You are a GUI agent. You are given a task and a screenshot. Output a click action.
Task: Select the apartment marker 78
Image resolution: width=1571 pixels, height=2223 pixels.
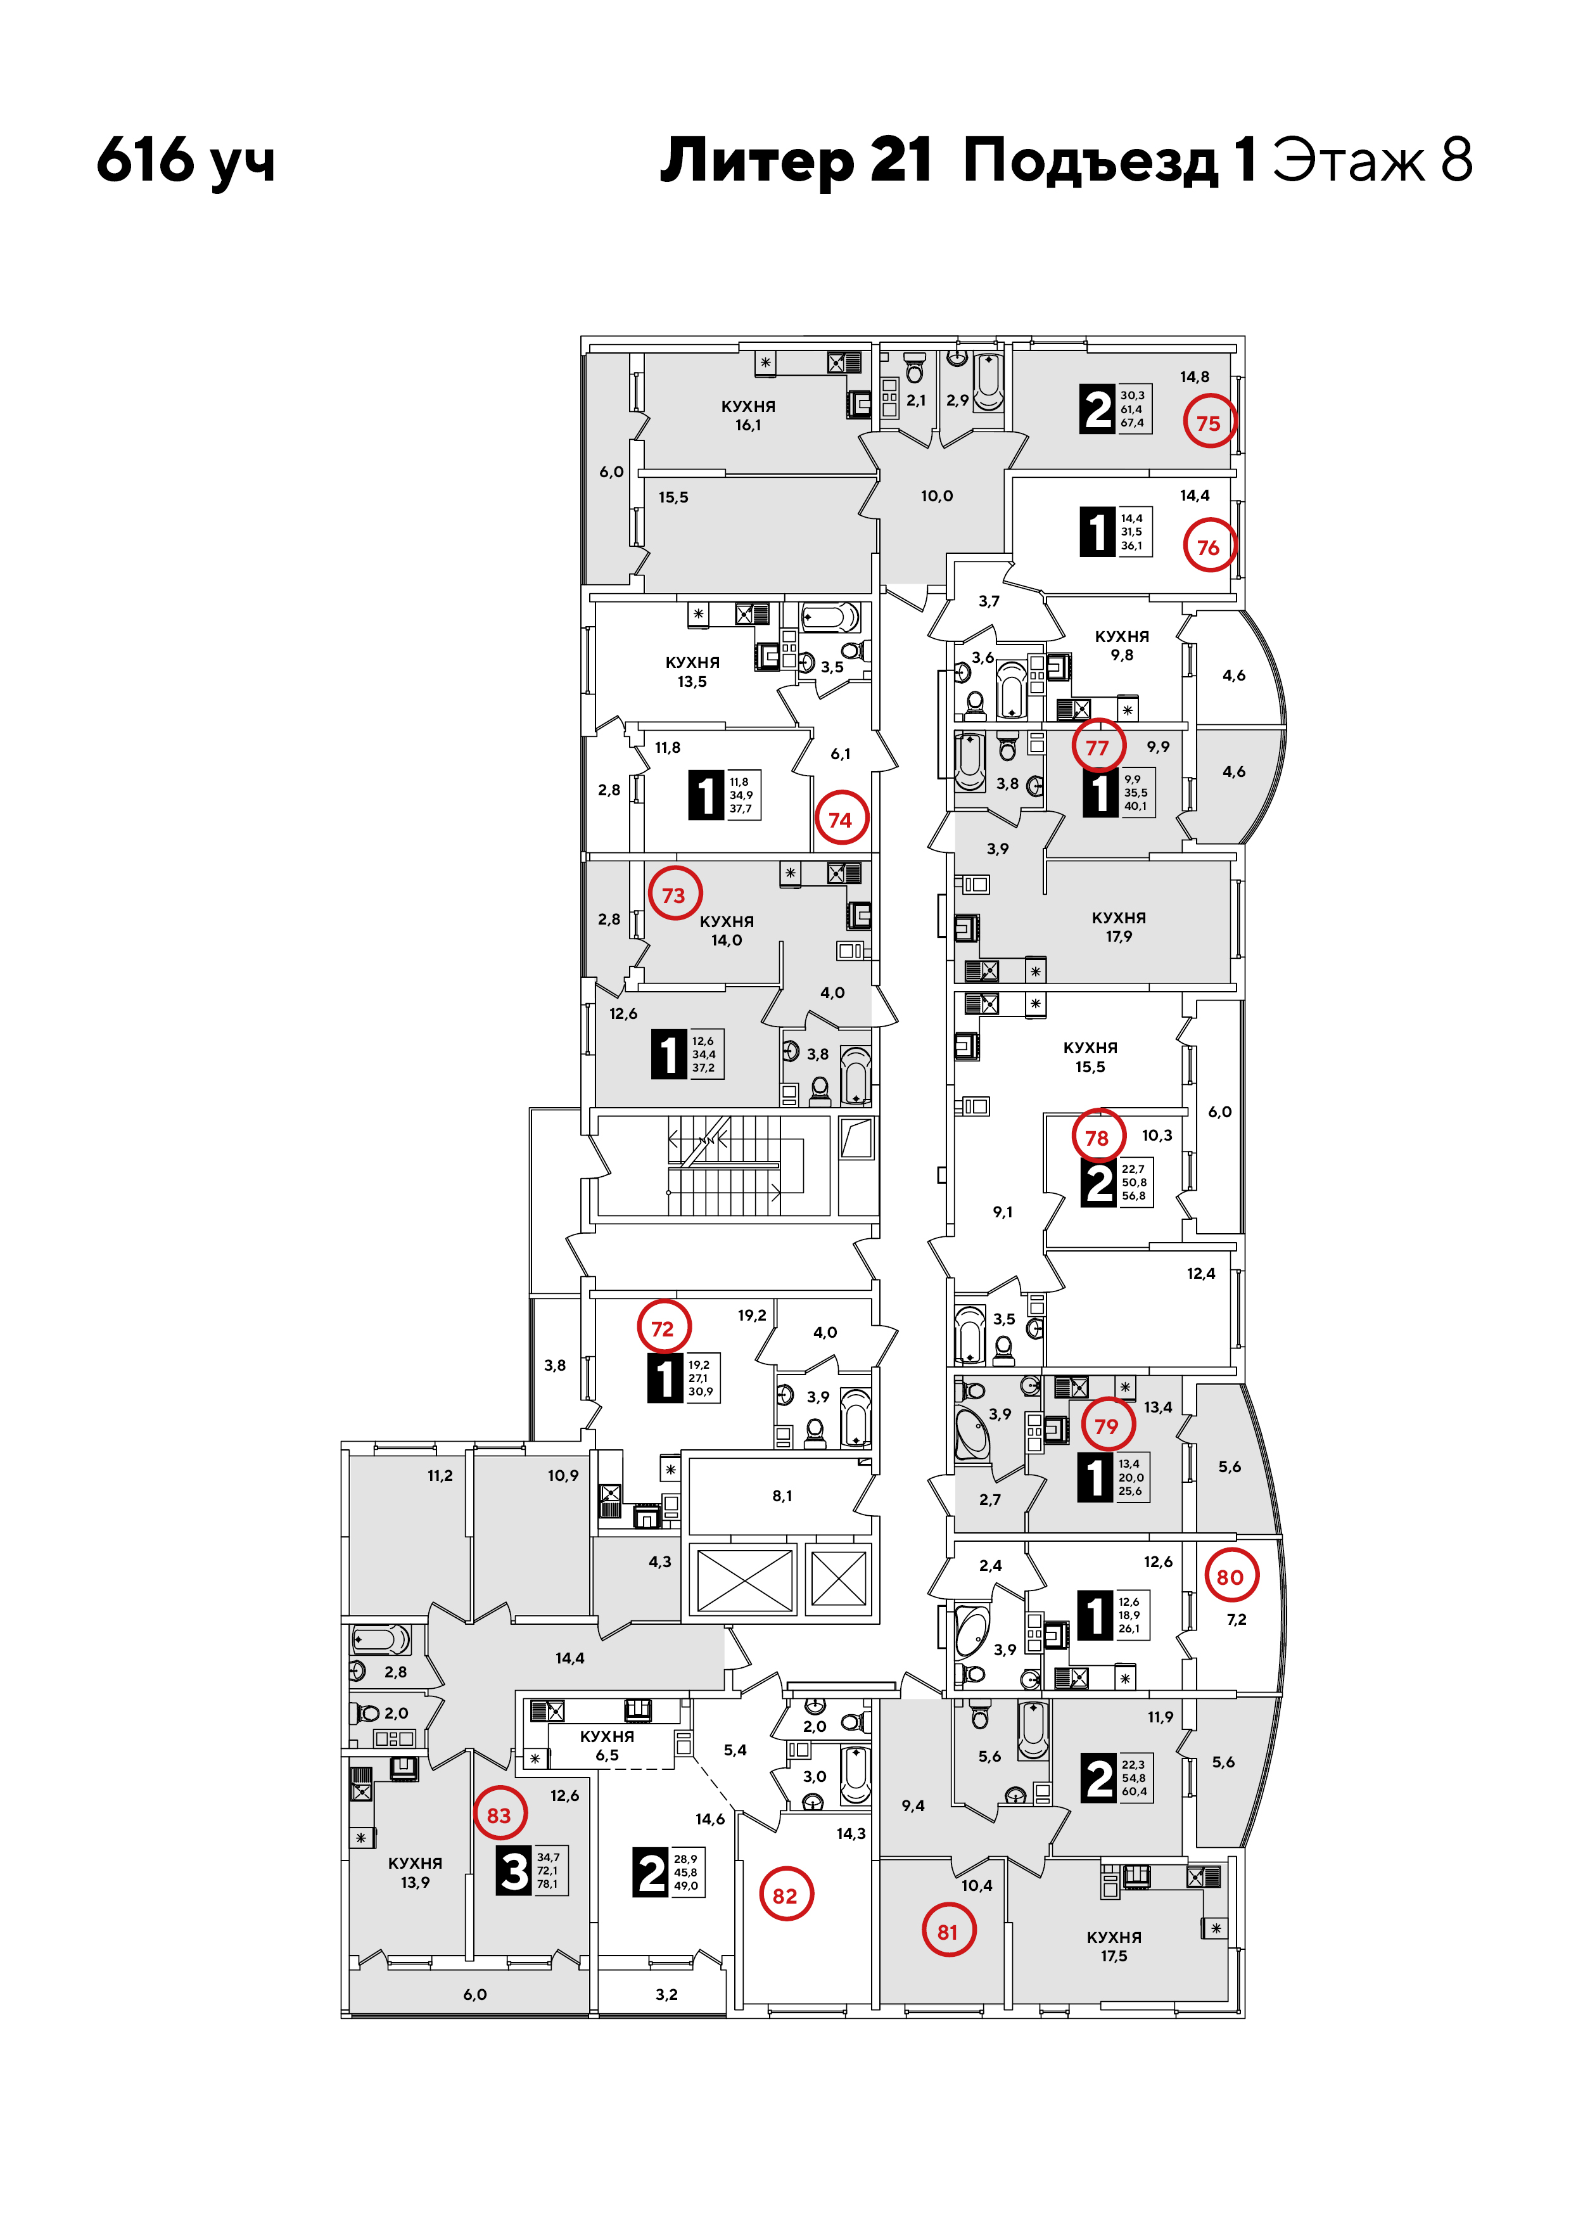click(x=1098, y=1137)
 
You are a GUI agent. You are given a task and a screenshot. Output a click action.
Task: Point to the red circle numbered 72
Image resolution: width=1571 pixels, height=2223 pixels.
click(x=663, y=1328)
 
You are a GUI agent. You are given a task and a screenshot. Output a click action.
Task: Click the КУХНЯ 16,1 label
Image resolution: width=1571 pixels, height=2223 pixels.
click(x=748, y=415)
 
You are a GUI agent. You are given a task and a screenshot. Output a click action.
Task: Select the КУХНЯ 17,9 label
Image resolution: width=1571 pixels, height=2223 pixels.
click(x=1119, y=926)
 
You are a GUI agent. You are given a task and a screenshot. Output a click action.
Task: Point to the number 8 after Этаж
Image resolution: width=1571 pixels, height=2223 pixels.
click(x=1456, y=160)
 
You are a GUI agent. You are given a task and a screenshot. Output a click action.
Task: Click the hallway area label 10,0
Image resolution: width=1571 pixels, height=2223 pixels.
click(x=937, y=496)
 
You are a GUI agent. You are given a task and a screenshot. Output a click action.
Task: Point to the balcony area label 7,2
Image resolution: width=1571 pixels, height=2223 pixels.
click(x=1237, y=1620)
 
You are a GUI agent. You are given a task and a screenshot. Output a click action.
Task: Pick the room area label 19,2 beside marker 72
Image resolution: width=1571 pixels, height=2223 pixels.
click(x=752, y=1315)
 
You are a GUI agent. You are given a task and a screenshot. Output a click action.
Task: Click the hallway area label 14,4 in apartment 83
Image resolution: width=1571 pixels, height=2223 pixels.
click(x=570, y=1658)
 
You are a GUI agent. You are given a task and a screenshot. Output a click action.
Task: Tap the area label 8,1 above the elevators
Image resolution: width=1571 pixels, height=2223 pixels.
click(x=782, y=1496)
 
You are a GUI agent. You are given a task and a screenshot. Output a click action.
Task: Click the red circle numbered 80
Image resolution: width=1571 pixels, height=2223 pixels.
click(x=1230, y=1576)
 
